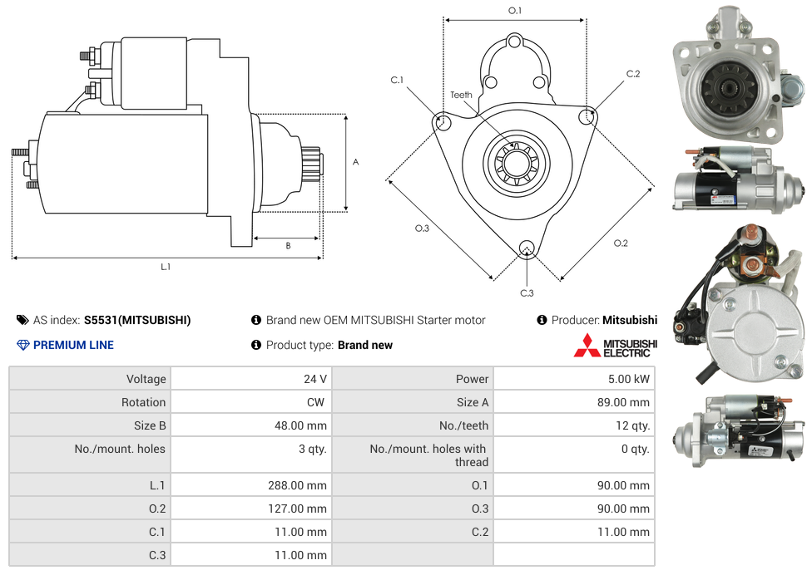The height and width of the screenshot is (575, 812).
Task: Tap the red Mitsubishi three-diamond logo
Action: point(587,346)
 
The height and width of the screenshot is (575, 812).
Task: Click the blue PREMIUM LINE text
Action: point(73,345)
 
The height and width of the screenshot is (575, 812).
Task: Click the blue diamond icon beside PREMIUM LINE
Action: point(23,345)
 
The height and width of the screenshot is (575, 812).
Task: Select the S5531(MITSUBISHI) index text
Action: point(137,320)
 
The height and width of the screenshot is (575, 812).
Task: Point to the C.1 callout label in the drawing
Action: point(397,80)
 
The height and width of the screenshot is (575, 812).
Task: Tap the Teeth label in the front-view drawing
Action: point(461,95)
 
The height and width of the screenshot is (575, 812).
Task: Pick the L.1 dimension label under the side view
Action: point(166,267)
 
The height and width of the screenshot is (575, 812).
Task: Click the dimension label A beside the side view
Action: point(355,162)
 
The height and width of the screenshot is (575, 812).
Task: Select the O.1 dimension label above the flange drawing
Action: point(515,11)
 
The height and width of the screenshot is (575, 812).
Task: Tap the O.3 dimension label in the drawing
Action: point(422,229)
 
